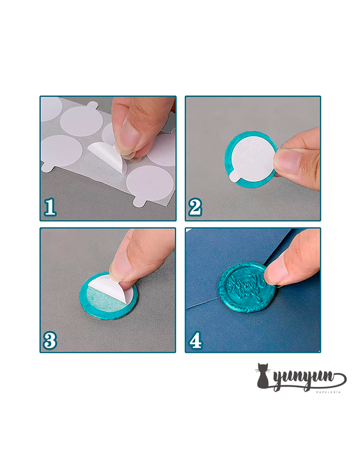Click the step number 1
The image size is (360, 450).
[x=50, y=207]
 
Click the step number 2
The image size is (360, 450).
[x=195, y=207]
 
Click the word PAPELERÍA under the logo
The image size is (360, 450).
[x=329, y=391]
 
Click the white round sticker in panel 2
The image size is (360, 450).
[x=252, y=157]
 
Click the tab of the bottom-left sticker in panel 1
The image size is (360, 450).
[x=48, y=167]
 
